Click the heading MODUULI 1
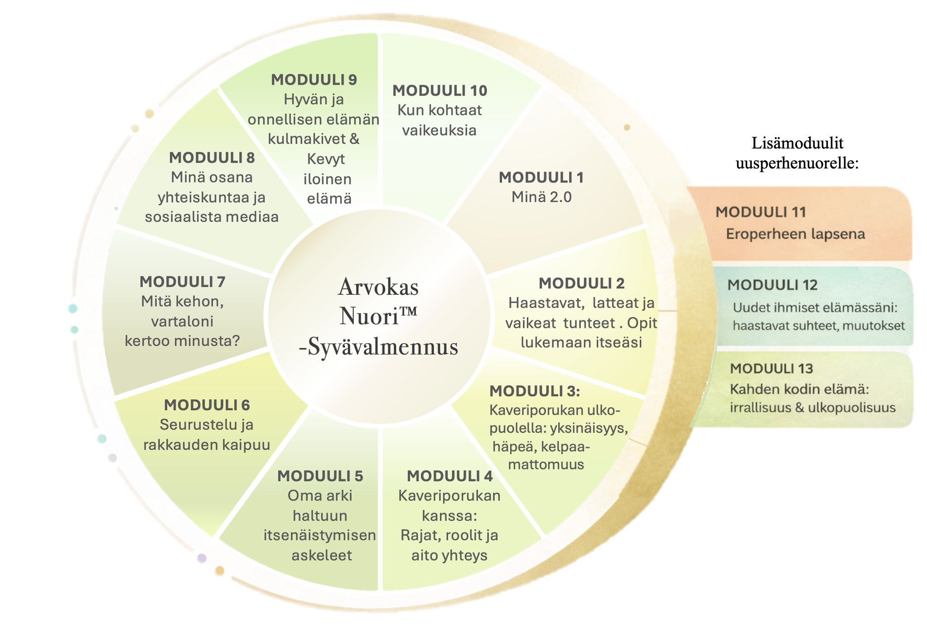[x=541, y=178]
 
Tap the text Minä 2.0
[x=541, y=197]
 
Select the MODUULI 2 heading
[x=581, y=283]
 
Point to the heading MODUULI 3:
[x=535, y=391]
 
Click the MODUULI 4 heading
[x=449, y=476]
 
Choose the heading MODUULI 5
[x=320, y=476]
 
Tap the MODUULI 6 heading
[x=207, y=405]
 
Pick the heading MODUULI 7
[x=182, y=282]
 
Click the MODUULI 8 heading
[x=212, y=158]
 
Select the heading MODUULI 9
[x=314, y=80]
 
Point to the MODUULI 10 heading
[x=439, y=91]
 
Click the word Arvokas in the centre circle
[x=378, y=287]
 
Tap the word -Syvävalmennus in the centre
[x=379, y=348]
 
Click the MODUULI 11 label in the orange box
[x=761, y=212]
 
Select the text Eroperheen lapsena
[x=795, y=234]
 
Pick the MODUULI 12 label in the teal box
[x=772, y=285]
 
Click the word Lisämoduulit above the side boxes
[x=797, y=143]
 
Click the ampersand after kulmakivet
[x=354, y=139]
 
